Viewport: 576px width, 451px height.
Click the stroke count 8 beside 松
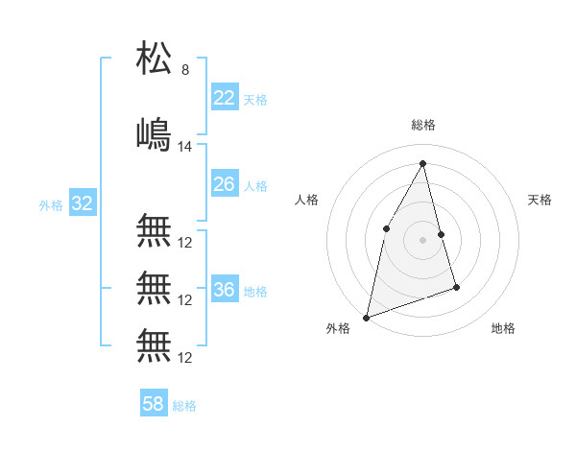point(185,70)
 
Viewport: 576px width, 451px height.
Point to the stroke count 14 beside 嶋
point(186,147)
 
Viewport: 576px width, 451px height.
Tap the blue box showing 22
point(224,98)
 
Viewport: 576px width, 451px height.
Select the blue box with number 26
point(224,184)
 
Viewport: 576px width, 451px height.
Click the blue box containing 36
point(224,290)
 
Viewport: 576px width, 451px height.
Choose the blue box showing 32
point(82,203)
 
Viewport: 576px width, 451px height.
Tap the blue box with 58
point(153,404)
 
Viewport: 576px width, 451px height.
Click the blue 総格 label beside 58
point(184,406)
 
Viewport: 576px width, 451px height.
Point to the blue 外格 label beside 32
point(51,205)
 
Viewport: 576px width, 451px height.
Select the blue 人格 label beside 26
point(255,186)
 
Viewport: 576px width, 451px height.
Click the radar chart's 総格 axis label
point(423,125)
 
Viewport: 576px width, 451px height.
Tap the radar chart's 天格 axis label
point(540,200)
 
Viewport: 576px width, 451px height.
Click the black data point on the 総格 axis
point(423,163)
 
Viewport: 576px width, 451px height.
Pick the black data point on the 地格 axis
point(456,287)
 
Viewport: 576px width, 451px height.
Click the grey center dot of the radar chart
point(423,240)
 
